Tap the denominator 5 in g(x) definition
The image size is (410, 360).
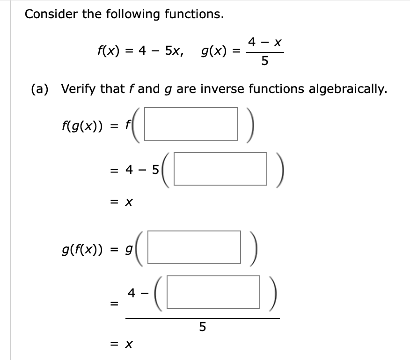pos(264,61)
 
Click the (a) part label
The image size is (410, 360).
pos(41,89)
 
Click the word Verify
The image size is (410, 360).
pos(80,89)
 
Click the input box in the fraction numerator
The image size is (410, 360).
pos(213,292)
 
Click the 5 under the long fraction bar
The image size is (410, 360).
pos(202,327)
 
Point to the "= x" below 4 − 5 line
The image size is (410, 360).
pos(123,203)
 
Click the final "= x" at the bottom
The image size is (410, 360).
pos(123,344)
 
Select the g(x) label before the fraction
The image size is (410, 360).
pos(214,50)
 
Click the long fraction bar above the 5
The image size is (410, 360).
pos(202,318)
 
